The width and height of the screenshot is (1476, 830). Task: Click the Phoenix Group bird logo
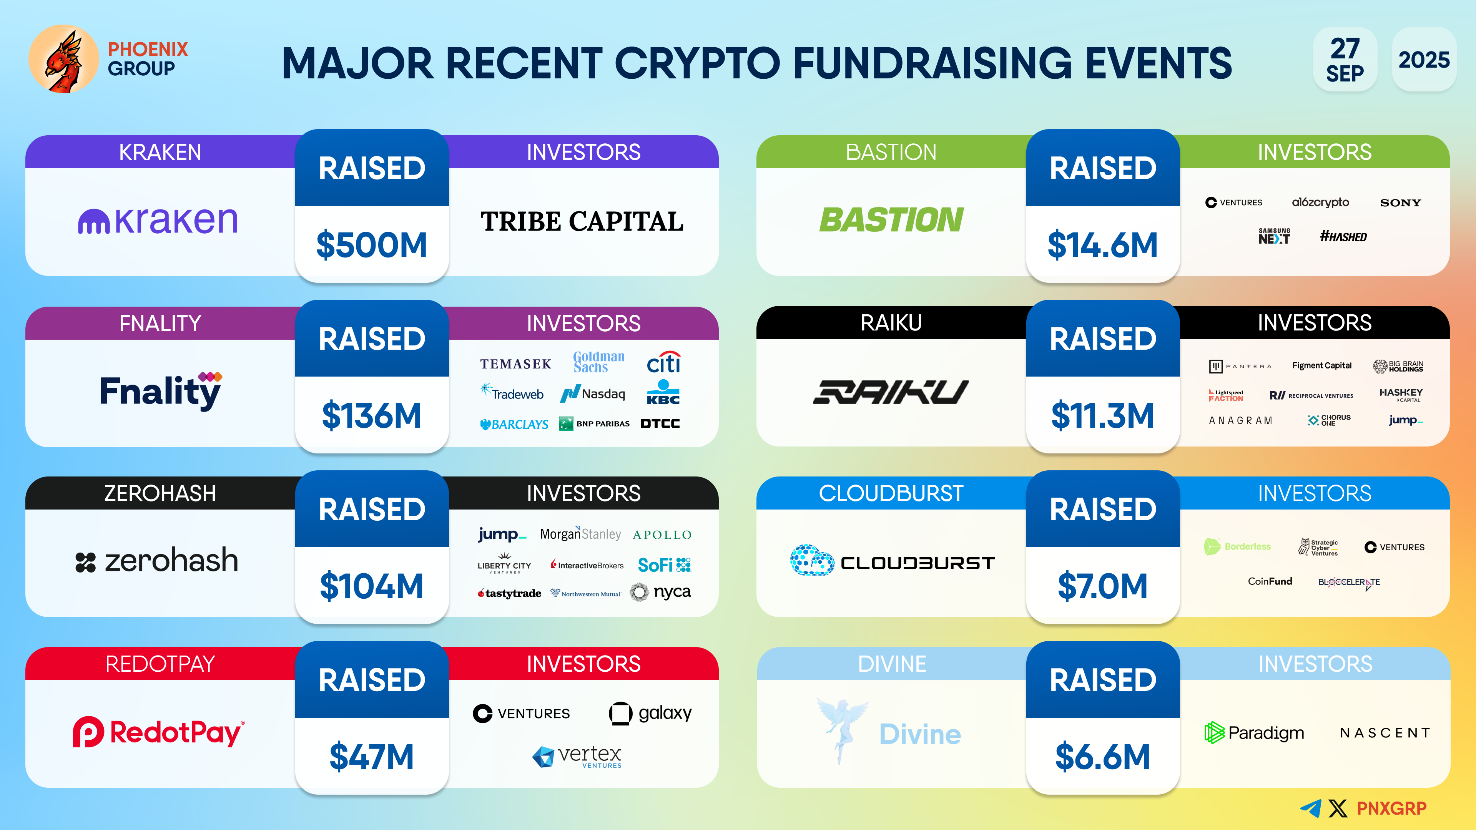coord(63,59)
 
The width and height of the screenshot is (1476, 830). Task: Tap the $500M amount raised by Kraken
coord(372,245)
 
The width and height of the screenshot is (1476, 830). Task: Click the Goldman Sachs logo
coord(599,362)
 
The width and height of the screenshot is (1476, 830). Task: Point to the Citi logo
coord(663,362)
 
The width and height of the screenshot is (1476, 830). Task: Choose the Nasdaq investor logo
coord(592,393)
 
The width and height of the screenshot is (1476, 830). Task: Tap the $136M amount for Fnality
coord(372,415)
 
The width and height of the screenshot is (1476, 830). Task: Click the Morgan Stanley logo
coord(580,534)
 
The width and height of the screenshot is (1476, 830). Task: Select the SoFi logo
coord(665,565)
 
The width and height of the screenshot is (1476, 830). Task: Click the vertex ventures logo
coord(577,756)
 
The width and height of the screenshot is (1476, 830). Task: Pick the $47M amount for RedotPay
coord(372,756)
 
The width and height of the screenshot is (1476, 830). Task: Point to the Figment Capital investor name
coord(1322,365)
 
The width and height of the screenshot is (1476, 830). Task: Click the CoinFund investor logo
coord(1270,581)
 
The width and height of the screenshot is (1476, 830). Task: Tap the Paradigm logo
coord(1254,733)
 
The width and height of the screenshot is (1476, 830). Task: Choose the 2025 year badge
coord(1424,59)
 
